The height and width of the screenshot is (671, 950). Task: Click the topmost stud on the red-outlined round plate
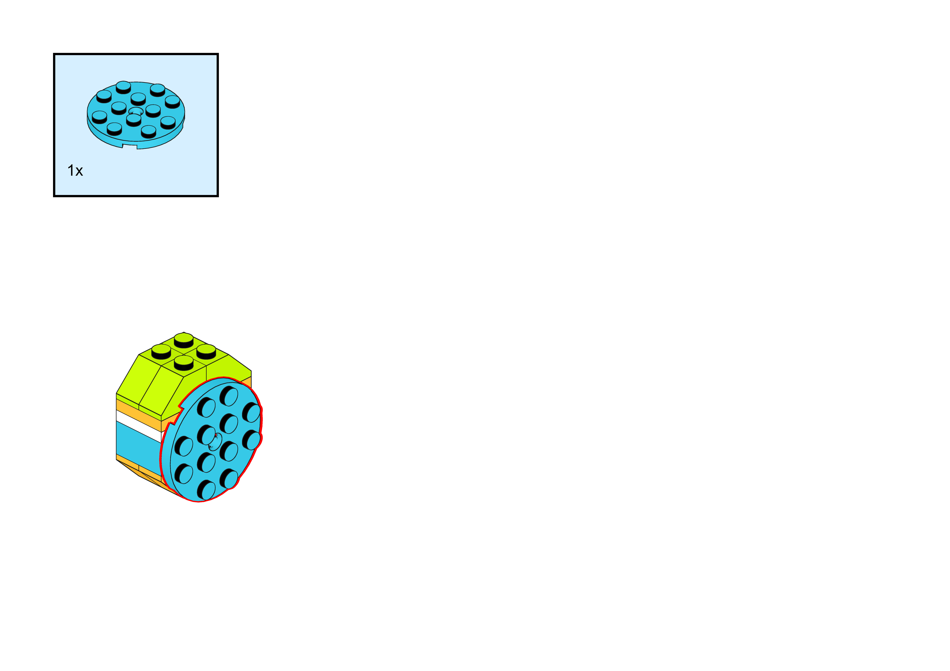[x=229, y=395]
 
